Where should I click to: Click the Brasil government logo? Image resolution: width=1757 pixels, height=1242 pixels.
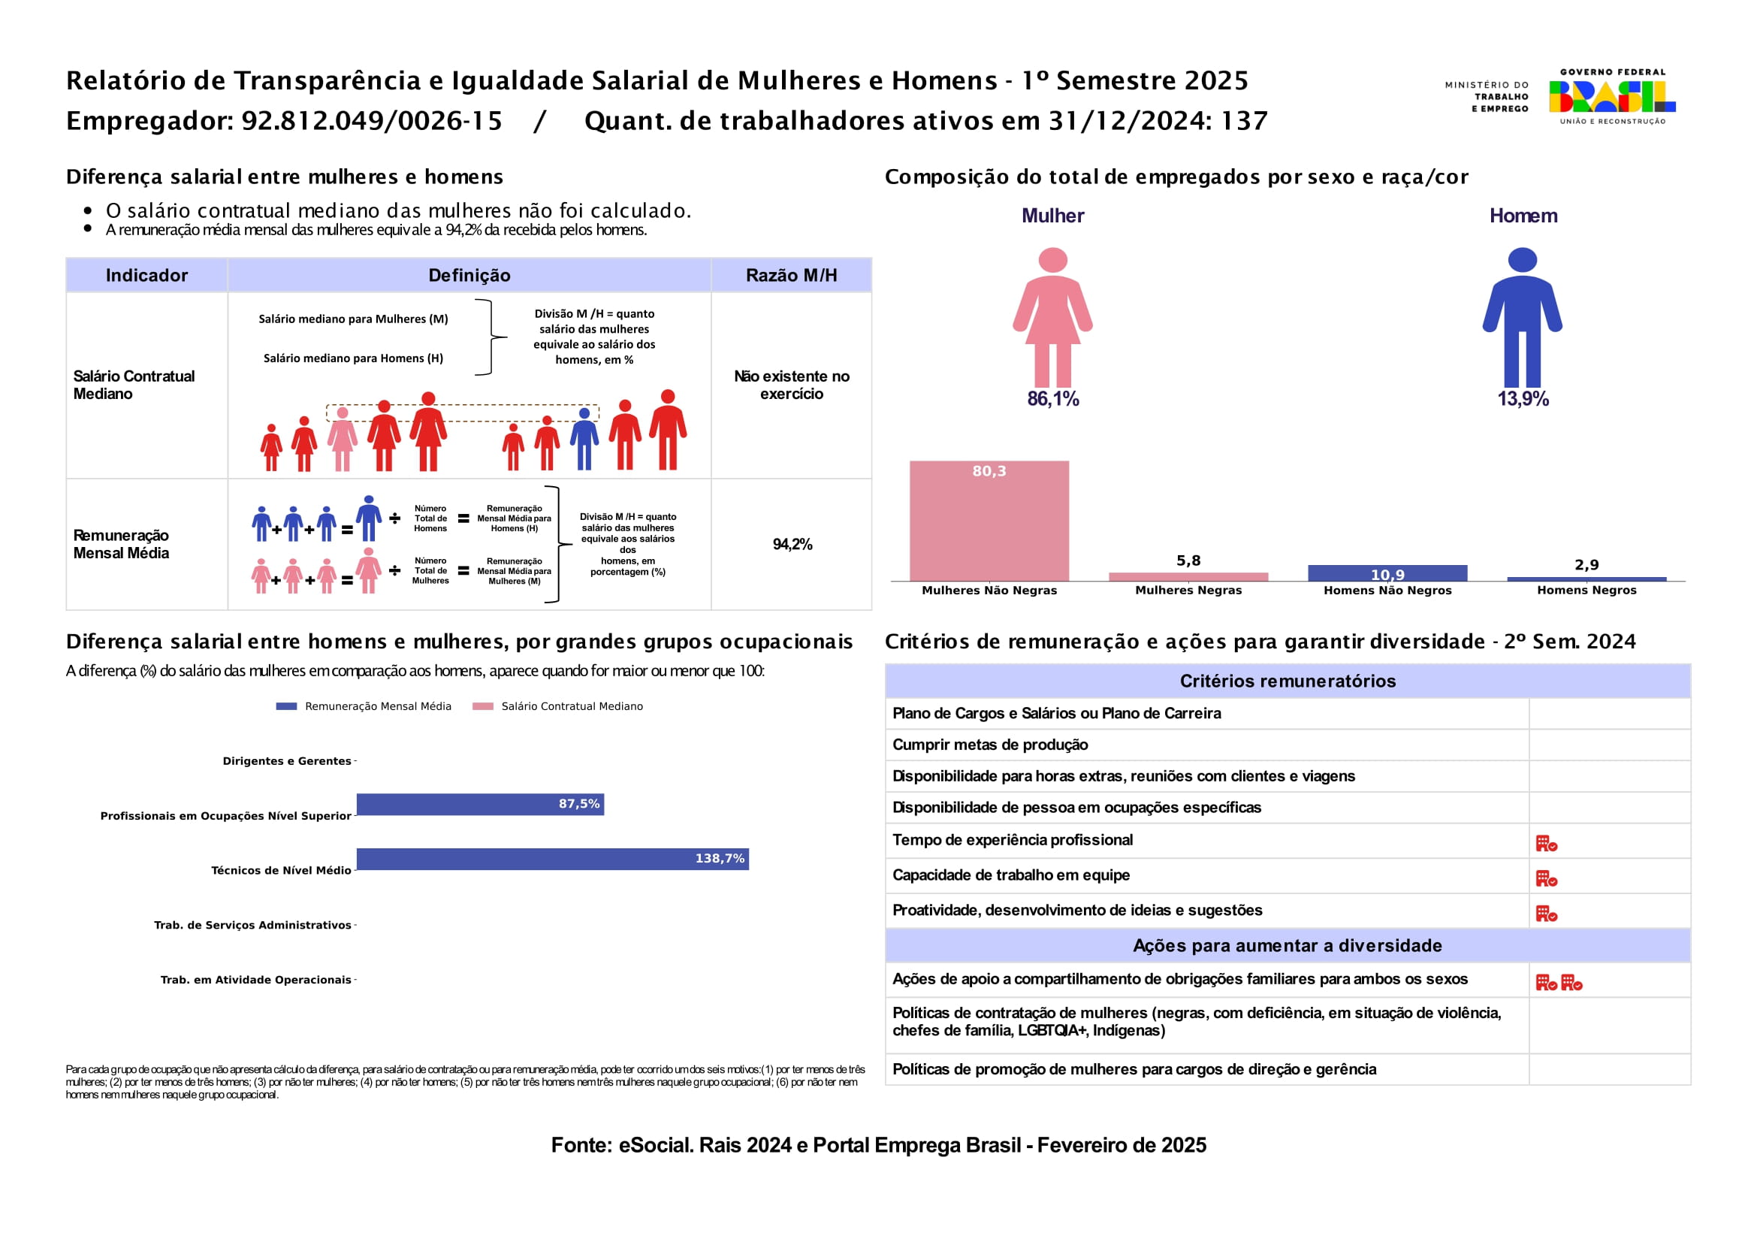pyautogui.click(x=1611, y=96)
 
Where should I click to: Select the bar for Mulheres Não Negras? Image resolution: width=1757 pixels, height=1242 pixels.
pyautogui.click(x=989, y=521)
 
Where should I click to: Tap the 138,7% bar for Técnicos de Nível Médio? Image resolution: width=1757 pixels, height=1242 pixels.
pyautogui.click(x=552, y=859)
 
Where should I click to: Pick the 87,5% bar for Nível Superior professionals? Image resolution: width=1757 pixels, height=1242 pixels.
pyautogui.click(x=480, y=804)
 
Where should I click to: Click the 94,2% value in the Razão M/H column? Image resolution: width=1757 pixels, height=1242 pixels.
pyautogui.click(x=792, y=544)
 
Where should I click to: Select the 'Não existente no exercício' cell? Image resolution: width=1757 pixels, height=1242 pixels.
pyautogui.click(x=791, y=385)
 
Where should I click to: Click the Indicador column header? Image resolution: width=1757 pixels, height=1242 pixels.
pyautogui.click(x=146, y=276)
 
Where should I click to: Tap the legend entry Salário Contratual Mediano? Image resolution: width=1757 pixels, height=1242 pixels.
pyautogui.click(x=572, y=706)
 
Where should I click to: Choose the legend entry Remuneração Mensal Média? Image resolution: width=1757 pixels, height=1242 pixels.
pyautogui.click(x=377, y=706)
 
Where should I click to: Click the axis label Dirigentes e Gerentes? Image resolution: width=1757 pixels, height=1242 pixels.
pyautogui.click(x=286, y=760)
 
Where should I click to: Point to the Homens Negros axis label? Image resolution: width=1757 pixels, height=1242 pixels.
pyautogui.click(x=1586, y=590)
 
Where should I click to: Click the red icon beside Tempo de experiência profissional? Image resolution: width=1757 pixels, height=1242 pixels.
pyautogui.click(x=1546, y=843)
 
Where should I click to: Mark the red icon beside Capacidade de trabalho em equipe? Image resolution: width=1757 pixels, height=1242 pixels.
pyautogui.click(x=1546, y=878)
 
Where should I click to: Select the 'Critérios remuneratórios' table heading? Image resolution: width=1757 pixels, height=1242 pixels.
pyautogui.click(x=1288, y=681)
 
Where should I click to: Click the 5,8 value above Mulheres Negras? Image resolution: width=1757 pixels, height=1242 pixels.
pyautogui.click(x=1188, y=561)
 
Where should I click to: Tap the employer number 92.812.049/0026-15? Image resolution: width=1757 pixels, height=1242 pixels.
pyautogui.click(x=372, y=121)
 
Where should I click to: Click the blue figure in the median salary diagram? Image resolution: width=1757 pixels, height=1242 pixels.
pyautogui.click(x=584, y=439)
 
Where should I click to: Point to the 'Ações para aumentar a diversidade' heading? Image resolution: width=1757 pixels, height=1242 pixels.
pyautogui.click(x=1288, y=946)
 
